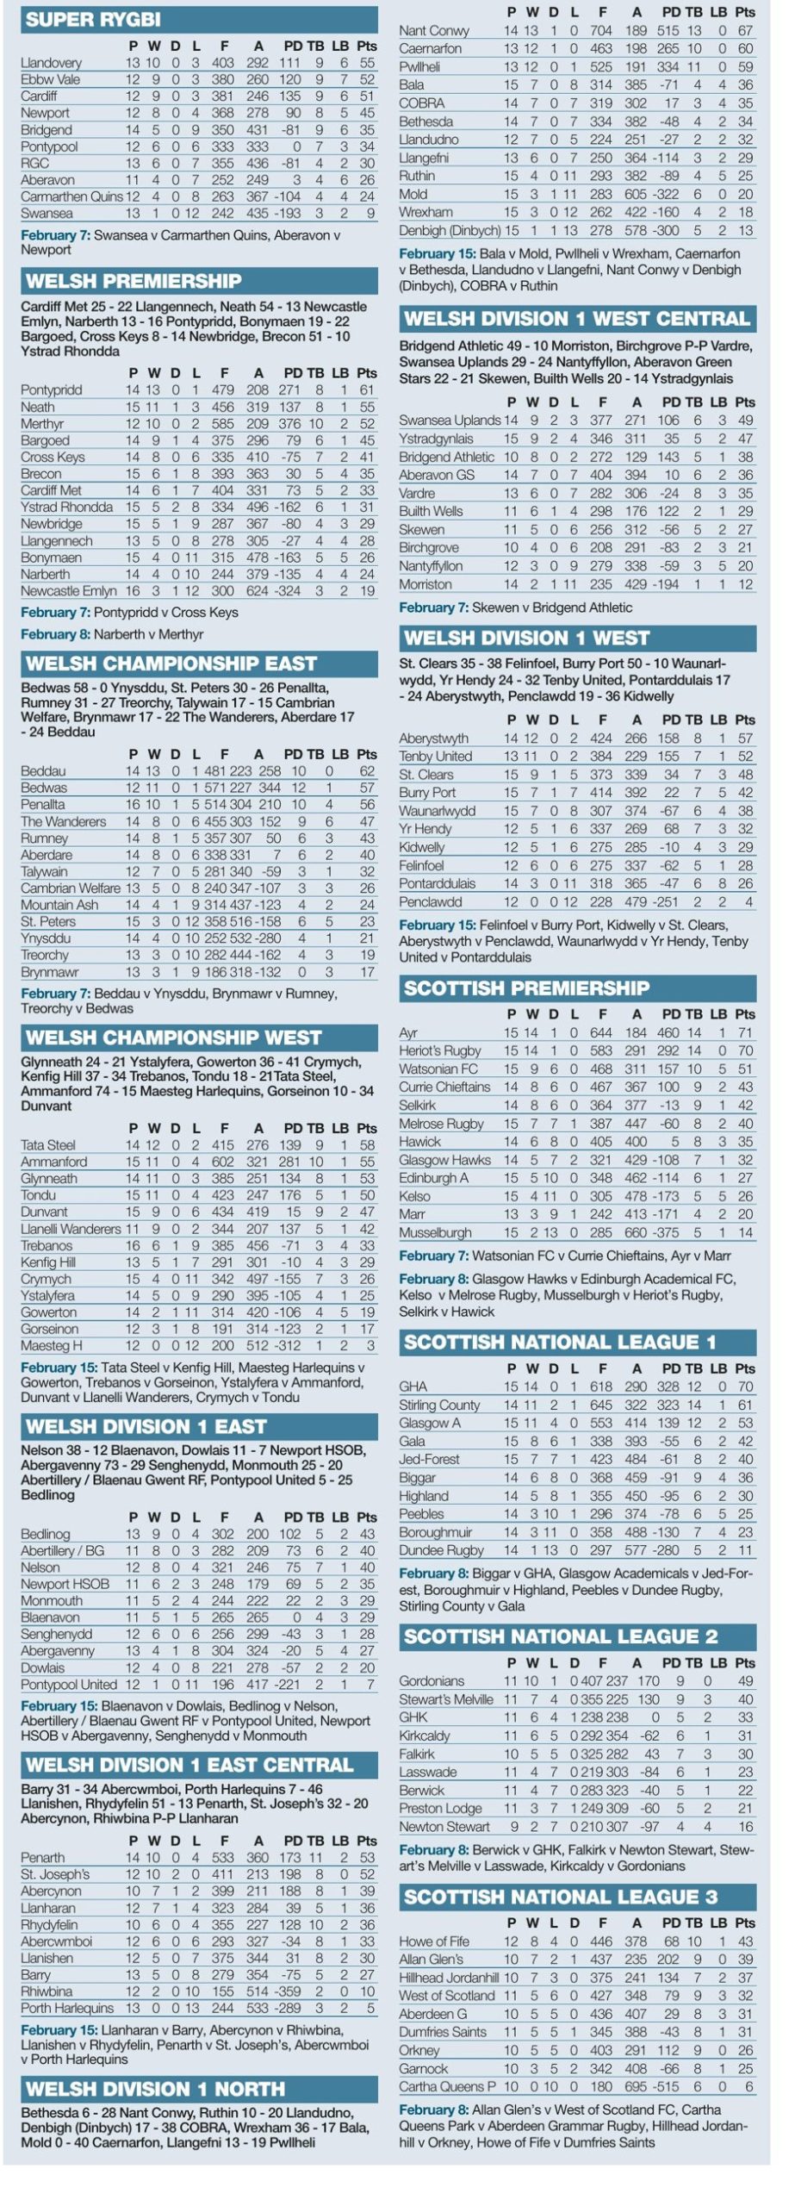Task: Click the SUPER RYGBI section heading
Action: (x=93, y=20)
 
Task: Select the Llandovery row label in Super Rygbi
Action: (x=51, y=63)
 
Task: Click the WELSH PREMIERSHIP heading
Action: (x=134, y=281)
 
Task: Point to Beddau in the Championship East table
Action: (x=43, y=771)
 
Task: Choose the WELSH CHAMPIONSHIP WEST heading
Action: (x=173, y=1038)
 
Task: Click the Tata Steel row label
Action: (x=48, y=1145)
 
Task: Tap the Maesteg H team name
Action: (x=52, y=1345)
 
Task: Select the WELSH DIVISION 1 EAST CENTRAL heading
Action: (x=189, y=1765)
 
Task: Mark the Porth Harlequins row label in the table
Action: (x=67, y=2008)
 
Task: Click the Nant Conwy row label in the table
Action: (x=434, y=31)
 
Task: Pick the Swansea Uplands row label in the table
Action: (x=450, y=421)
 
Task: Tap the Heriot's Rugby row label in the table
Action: (x=440, y=1050)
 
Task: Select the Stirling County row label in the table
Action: (x=439, y=1405)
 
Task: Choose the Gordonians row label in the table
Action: (x=432, y=1681)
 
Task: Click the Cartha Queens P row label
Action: (x=448, y=2086)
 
